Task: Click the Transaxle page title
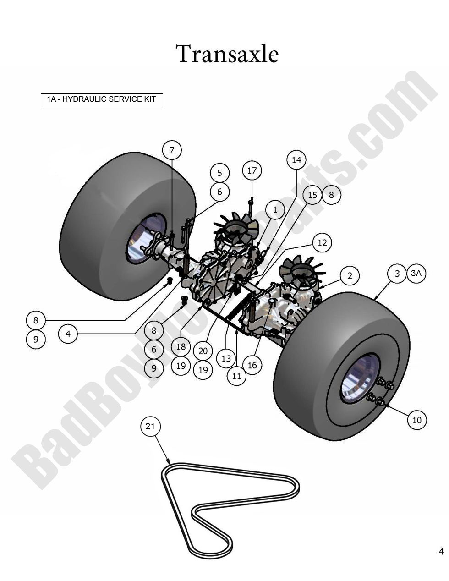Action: coord(227,54)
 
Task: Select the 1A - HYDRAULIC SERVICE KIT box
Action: coord(102,99)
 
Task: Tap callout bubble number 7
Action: coord(172,150)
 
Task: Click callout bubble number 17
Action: coord(252,170)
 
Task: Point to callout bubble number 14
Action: coord(296,160)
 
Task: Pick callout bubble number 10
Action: coord(416,420)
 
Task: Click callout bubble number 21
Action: coord(150,427)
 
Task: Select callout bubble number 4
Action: coord(68,334)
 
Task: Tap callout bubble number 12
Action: coord(322,242)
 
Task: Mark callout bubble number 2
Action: coord(350,275)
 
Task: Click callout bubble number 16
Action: coord(252,365)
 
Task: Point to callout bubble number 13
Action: coord(226,358)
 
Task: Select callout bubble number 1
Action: coord(275,210)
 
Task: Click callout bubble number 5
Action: coord(220,173)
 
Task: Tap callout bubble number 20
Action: coord(203,351)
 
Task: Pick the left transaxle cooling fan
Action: coord(237,228)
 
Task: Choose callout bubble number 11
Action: coord(236,376)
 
